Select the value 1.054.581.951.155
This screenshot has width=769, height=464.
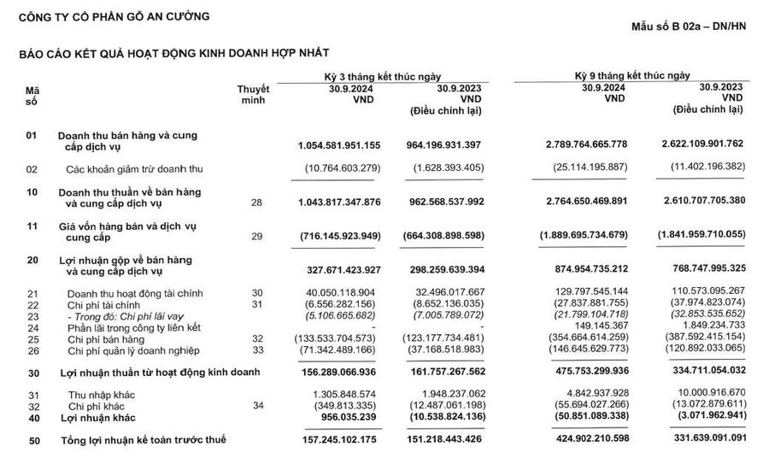click(340, 147)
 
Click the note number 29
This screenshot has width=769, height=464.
click(256, 234)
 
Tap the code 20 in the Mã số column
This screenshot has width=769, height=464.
click(32, 259)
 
